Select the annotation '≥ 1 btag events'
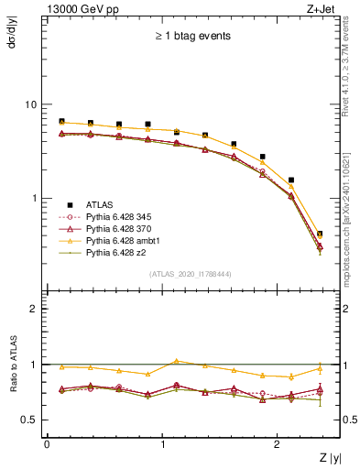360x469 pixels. click(192, 37)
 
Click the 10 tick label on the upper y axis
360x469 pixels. click(31, 104)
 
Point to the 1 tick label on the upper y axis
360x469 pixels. click(35, 198)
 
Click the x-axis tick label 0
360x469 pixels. click(47, 444)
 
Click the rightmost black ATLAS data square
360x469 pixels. click(319, 234)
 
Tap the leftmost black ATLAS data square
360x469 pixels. click(61, 121)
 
